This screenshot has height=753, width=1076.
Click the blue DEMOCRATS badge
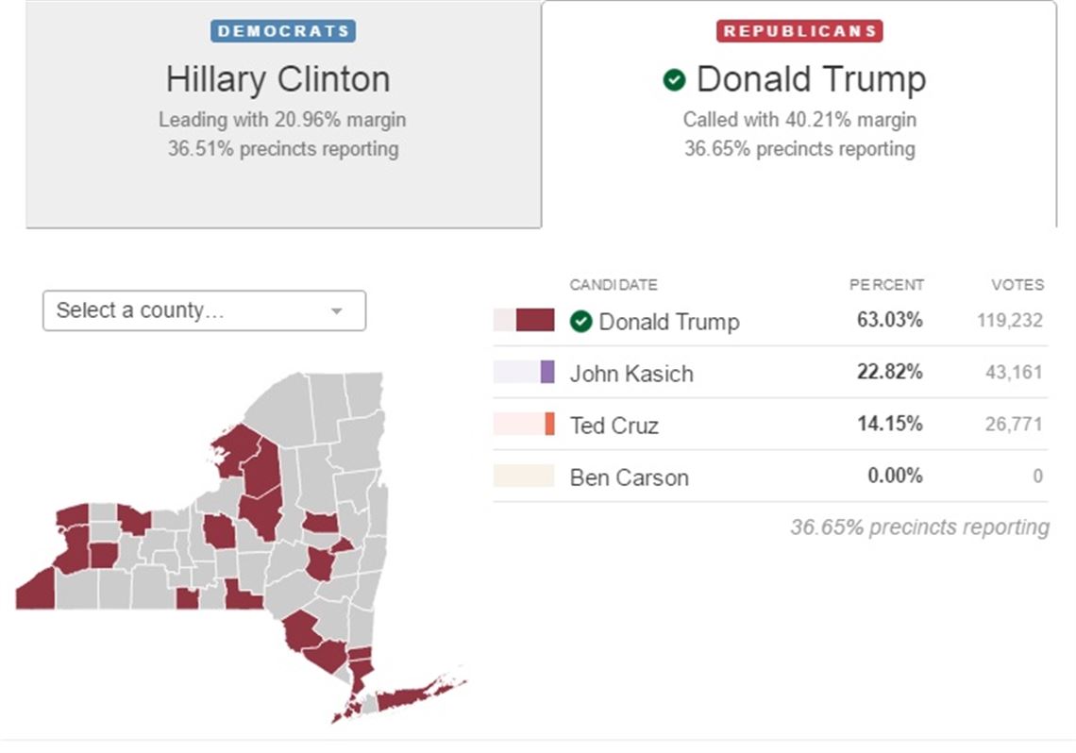(x=282, y=30)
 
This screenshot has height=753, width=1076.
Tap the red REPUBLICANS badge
(x=799, y=30)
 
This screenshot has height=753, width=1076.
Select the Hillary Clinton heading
(x=277, y=79)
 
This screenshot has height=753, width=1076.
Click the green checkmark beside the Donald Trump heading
(x=674, y=80)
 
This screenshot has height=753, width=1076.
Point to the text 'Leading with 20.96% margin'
(x=282, y=120)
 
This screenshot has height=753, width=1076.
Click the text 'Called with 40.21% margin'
(x=799, y=120)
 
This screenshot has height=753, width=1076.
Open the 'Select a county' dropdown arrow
(x=336, y=310)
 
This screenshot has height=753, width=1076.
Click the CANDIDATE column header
(x=614, y=285)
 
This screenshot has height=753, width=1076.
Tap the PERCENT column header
(x=886, y=285)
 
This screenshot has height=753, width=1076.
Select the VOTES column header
(x=1017, y=285)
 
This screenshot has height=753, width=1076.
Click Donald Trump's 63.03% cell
(x=889, y=320)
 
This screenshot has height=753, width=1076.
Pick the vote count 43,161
(x=1014, y=373)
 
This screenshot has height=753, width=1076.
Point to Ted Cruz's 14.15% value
(x=889, y=424)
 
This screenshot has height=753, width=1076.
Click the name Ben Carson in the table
(x=629, y=477)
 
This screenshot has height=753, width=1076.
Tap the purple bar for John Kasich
(x=547, y=372)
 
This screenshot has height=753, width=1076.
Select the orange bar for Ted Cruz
(x=549, y=424)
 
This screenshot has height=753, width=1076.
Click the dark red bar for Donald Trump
(x=535, y=320)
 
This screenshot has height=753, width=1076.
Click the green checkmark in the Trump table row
(x=580, y=322)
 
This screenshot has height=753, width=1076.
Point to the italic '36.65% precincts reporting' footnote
(x=919, y=527)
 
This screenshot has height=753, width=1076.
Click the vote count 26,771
(x=1014, y=425)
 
